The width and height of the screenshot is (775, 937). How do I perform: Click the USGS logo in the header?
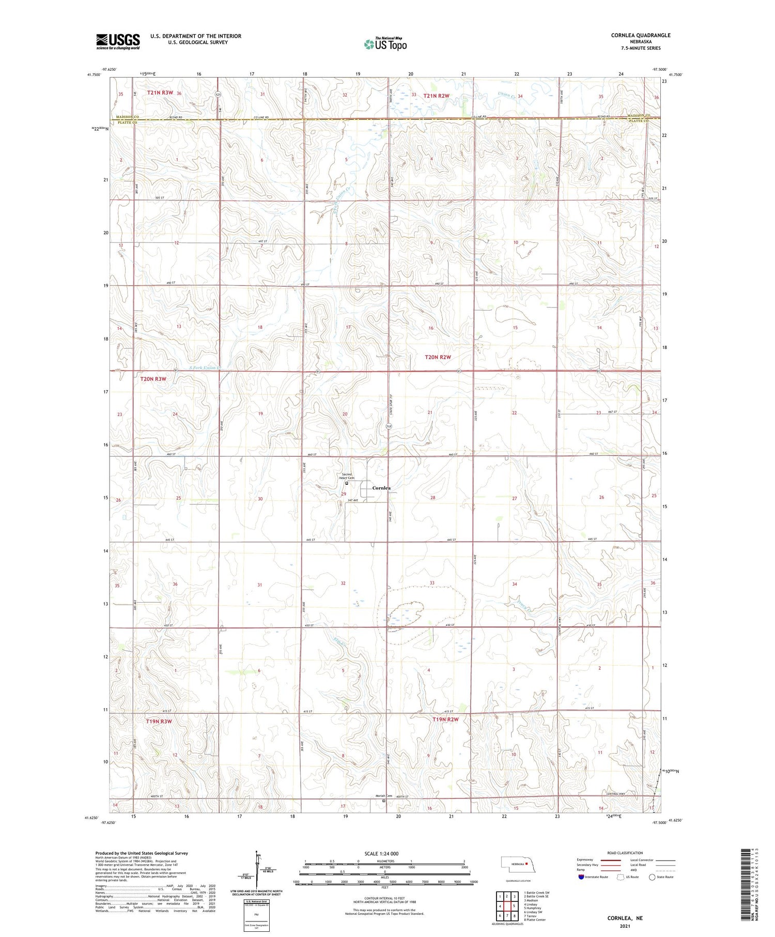click(118, 41)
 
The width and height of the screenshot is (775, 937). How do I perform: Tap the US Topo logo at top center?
click(385, 44)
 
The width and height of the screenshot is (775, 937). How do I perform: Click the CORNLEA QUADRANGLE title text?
click(641, 35)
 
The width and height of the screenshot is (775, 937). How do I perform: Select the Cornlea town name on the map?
click(381, 488)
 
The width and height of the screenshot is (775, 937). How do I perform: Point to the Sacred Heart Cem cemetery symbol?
click(347, 484)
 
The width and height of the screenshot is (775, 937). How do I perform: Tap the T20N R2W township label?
click(438, 357)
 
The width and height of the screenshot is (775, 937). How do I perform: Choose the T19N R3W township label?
click(159, 721)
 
